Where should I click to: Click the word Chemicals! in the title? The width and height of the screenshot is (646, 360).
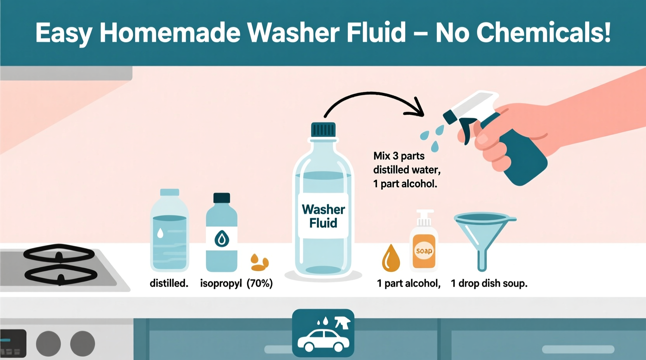(x=544, y=33)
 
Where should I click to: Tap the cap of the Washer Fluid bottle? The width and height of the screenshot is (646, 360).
(x=323, y=130)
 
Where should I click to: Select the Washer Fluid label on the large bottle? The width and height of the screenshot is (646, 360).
(x=323, y=216)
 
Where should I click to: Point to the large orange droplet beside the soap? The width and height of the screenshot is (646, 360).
(x=391, y=259)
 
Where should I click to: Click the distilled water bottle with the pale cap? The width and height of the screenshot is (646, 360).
(x=169, y=233)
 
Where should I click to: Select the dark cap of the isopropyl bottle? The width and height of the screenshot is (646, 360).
(x=222, y=198)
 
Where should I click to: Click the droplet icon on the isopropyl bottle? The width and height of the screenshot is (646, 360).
(x=222, y=239)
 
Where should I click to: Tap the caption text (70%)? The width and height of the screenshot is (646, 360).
(x=260, y=284)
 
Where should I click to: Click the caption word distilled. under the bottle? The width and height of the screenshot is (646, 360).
(x=169, y=284)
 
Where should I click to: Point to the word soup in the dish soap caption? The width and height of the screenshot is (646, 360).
(x=514, y=284)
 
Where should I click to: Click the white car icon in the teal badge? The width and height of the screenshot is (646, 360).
(x=323, y=341)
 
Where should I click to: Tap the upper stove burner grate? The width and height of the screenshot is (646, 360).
(x=59, y=254)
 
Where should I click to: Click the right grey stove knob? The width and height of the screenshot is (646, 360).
(x=82, y=344)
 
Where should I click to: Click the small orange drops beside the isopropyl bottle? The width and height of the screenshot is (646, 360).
(x=259, y=263)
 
